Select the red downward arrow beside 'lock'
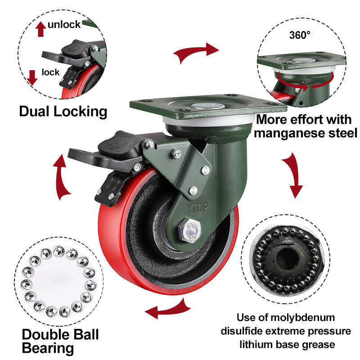[x=31, y=77]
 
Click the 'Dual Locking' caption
[x=63, y=111]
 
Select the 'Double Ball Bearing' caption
[x=60, y=341]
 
